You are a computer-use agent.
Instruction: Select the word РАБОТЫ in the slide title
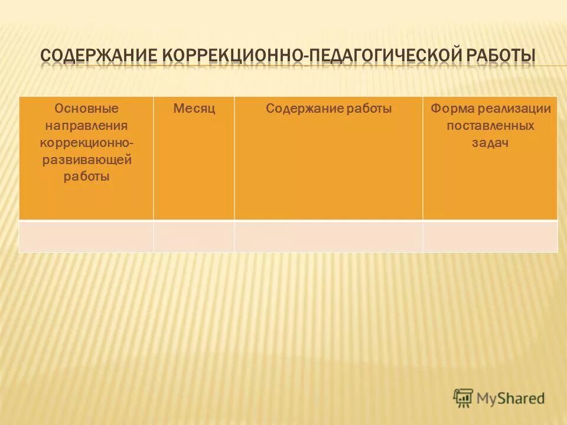(501, 57)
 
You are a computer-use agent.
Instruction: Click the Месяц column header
(194, 109)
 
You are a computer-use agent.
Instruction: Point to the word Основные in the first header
(86, 109)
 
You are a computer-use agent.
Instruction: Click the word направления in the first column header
(86, 126)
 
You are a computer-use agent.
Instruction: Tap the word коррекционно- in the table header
(86, 143)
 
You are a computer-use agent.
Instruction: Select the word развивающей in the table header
(86, 160)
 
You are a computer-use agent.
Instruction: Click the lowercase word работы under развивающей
(86, 176)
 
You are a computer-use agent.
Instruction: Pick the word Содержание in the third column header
(302, 109)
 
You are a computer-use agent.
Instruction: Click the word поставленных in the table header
(490, 126)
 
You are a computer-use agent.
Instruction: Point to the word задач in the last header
(490, 143)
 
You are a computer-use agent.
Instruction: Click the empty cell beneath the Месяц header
(194, 236)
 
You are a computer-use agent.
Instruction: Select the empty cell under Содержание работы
(328, 236)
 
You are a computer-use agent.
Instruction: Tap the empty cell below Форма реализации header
(490, 236)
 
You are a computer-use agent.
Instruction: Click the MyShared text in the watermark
(511, 398)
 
